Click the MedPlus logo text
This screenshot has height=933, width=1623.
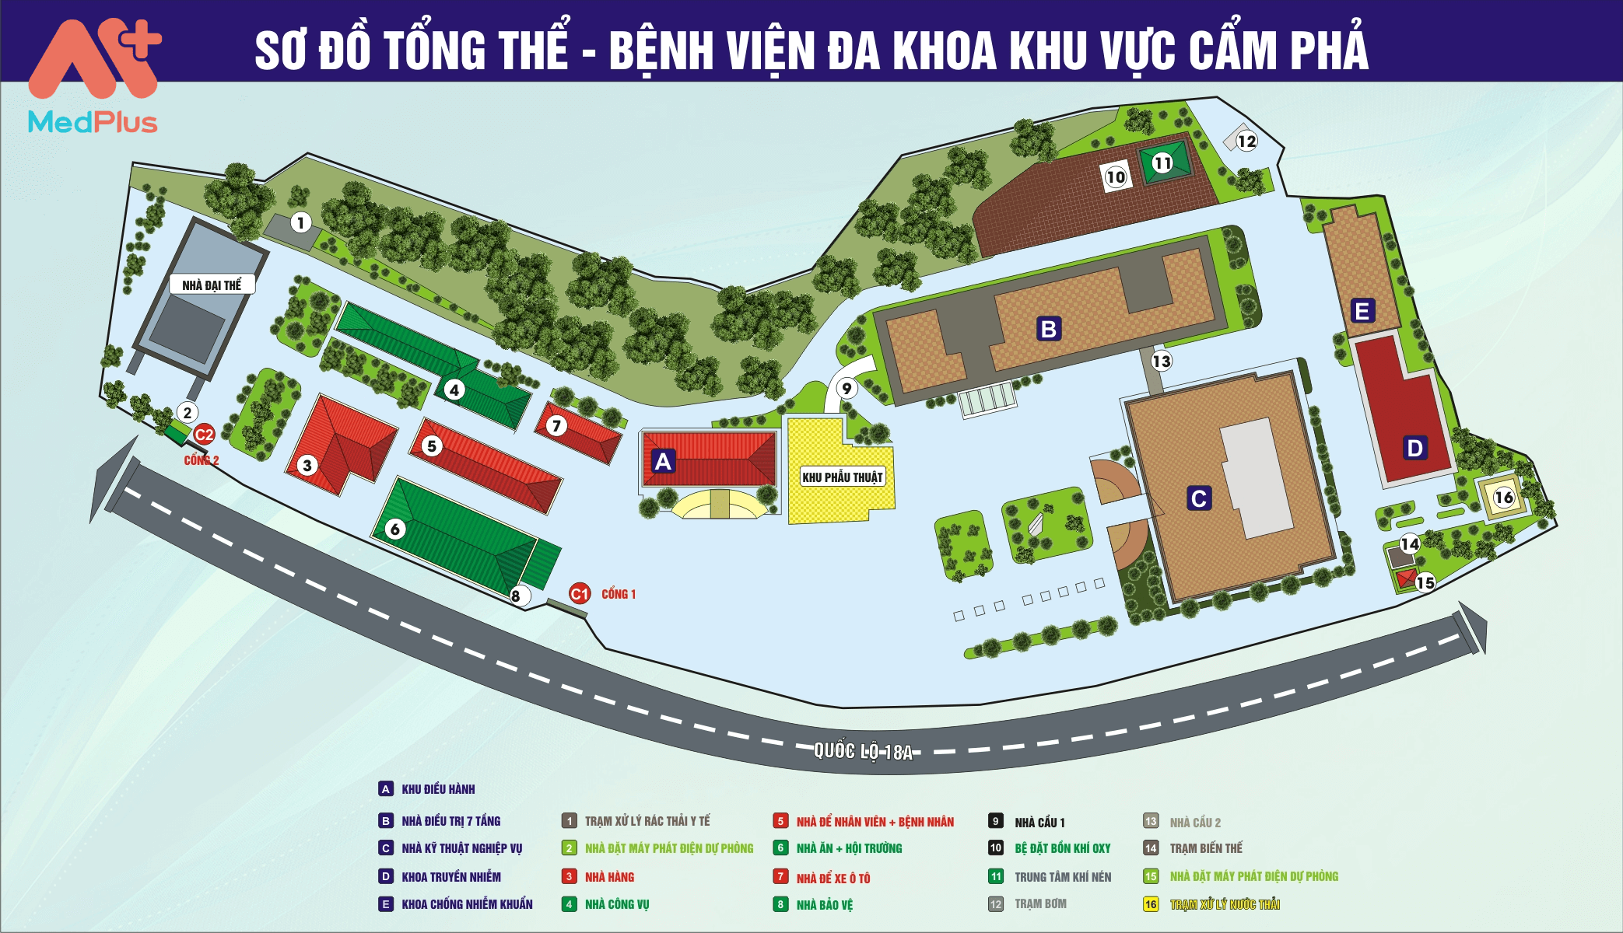point(93,122)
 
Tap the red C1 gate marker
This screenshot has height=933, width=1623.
point(580,594)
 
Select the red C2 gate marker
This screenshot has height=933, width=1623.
point(204,435)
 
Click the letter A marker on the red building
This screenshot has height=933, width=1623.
point(663,462)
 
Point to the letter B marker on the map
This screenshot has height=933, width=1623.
point(1048,330)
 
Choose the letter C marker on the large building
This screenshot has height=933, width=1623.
point(1198,498)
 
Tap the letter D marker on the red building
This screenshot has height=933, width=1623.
point(1414,448)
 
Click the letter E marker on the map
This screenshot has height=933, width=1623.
point(1362,311)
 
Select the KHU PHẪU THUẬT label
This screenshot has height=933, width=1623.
point(843,477)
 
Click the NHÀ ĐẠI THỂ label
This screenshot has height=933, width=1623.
point(212,285)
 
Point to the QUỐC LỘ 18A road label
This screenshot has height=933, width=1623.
point(863,751)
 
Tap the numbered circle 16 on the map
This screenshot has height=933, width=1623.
point(1504,498)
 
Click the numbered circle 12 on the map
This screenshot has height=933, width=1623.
point(1246,141)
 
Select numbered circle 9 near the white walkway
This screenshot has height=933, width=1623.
point(847,388)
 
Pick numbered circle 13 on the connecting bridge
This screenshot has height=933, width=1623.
point(1161,361)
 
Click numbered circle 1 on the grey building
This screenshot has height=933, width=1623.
point(301,223)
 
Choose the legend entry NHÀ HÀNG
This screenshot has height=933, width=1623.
point(609,877)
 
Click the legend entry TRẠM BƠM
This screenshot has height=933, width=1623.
point(1040,904)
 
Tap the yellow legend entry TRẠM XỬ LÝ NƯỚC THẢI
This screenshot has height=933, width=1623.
point(1225,904)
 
